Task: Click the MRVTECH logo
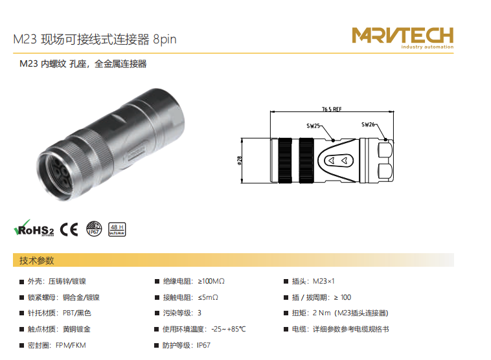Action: tap(403, 38)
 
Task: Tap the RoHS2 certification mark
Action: tap(34, 228)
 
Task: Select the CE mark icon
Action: tap(69, 229)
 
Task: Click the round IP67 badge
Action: tap(94, 229)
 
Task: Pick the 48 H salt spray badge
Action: tap(117, 229)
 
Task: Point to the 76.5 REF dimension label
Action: tap(332, 109)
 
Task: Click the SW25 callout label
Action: tap(313, 126)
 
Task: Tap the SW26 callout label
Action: tap(368, 124)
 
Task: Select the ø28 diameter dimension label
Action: tap(240, 161)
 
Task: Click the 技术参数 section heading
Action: tap(37, 260)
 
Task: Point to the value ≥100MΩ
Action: tap(211, 281)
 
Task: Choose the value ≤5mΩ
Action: tap(208, 297)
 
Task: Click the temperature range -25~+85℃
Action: tap(229, 329)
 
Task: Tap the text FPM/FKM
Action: tap(71, 345)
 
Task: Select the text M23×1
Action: tap(323, 281)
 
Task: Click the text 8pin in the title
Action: tap(165, 39)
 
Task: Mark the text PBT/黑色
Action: tap(76, 313)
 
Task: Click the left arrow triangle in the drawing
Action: tap(331, 161)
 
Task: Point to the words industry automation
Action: tap(427, 47)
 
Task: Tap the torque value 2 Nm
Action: tap(321, 313)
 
